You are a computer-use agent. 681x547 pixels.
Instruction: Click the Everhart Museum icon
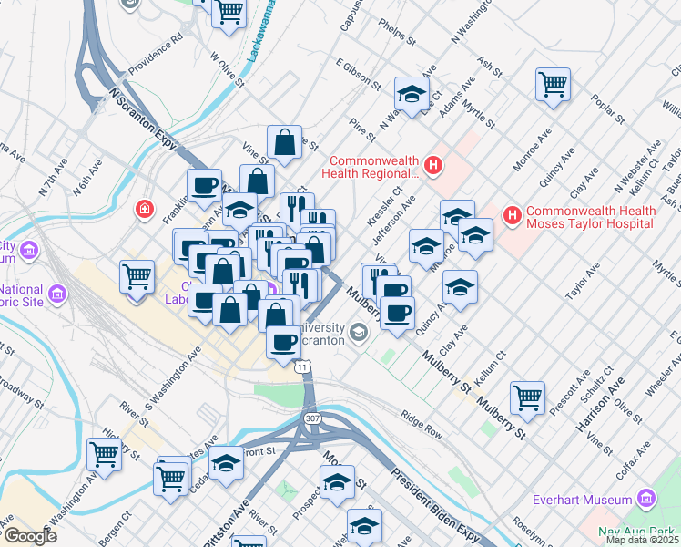click(646, 499)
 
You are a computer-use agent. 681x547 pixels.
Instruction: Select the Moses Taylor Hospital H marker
click(513, 216)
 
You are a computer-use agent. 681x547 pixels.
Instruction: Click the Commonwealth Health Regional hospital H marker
click(433, 166)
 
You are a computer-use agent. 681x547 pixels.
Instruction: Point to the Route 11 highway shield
click(302, 365)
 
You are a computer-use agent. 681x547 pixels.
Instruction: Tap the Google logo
click(30, 536)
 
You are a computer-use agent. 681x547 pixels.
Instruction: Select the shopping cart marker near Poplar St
click(553, 84)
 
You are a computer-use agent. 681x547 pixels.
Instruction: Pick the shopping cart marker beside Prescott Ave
click(527, 397)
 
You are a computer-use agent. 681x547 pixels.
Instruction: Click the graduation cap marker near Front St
click(226, 460)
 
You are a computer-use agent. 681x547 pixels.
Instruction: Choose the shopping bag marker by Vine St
click(285, 141)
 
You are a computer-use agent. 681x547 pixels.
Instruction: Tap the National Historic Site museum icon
click(56, 294)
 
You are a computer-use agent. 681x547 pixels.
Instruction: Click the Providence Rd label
click(155, 54)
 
